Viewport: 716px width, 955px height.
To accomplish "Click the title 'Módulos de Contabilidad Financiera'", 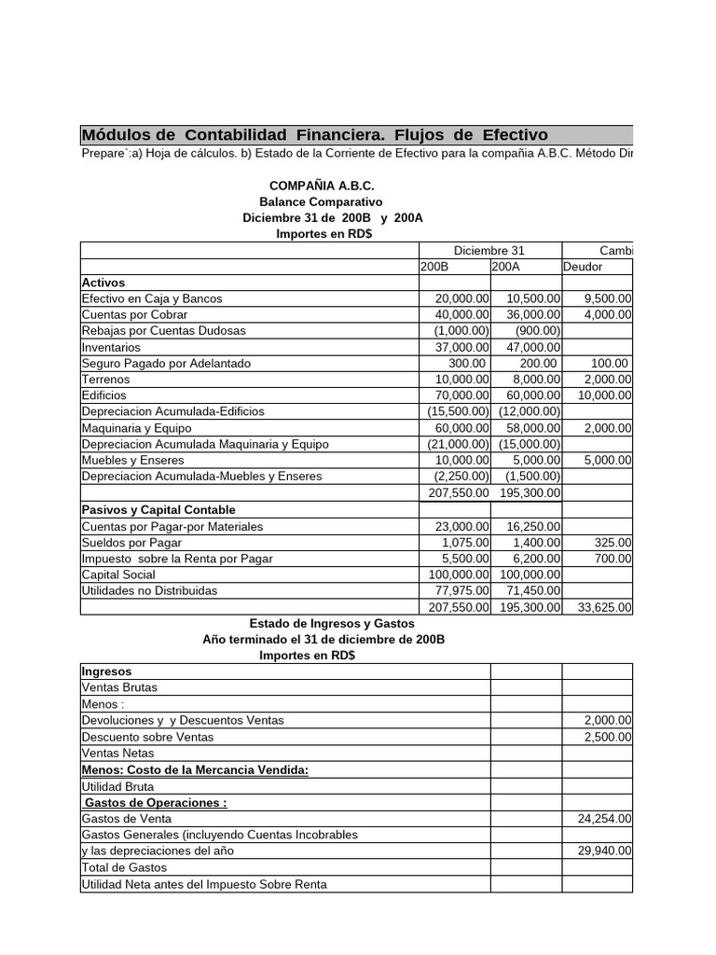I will click(x=314, y=134).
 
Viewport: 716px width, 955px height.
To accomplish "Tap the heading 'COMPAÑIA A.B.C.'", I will click(x=322, y=186).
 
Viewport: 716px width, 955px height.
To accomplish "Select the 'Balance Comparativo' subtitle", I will click(x=321, y=201).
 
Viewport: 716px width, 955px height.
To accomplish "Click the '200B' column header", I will click(x=435, y=266).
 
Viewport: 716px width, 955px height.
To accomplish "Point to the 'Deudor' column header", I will click(x=584, y=266).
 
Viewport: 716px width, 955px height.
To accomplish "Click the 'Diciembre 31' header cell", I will click(x=489, y=250).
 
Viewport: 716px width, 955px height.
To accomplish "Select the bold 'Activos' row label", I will click(x=103, y=282).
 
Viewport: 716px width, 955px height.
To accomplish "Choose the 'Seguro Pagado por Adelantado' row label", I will click(x=166, y=363).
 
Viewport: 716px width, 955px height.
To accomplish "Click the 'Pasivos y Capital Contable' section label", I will click(x=158, y=509).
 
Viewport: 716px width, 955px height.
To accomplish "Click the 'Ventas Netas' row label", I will click(x=118, y=753).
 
